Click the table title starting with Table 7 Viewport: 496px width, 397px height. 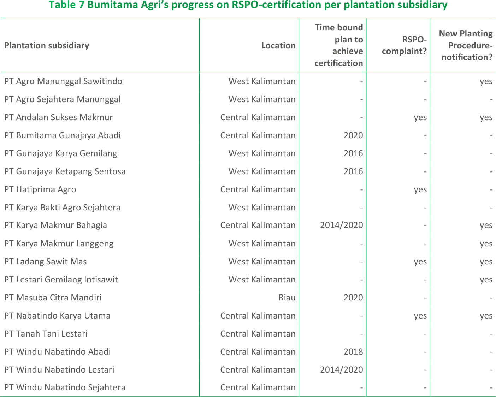tap(248, 5)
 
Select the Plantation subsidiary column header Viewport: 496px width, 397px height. tap(47, 46)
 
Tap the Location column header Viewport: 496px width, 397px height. tap(278, 46)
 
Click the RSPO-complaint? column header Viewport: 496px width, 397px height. tap(404, 46)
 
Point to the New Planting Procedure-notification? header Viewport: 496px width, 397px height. tap(466, 45)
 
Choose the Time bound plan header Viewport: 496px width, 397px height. tap(338, 45)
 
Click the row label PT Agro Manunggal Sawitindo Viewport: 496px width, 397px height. tap(63, 81)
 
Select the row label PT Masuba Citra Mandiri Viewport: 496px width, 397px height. tap(53, 298)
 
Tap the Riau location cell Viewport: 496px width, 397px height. tap(287, 298)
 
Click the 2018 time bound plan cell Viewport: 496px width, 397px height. tap(353, 352)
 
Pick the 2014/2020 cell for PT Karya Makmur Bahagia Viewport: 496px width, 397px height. tap(341, 226)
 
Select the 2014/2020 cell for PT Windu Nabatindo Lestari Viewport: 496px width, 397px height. tap(341, 370)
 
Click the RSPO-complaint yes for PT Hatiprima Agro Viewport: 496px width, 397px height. tap(420, 190)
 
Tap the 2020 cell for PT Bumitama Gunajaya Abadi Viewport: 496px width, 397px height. tap(353, 135)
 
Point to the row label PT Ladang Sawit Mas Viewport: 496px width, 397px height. tap(46, 262)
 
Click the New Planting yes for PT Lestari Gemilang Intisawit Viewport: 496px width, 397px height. tap(486, 280)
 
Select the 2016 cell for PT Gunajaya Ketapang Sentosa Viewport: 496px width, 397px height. tap(353, 171)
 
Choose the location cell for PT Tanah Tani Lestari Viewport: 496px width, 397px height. tap(258, 334)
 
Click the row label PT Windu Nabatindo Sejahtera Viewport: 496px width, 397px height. tap(65, 387)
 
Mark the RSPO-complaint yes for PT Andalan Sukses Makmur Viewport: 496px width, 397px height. tap(420, 118)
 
